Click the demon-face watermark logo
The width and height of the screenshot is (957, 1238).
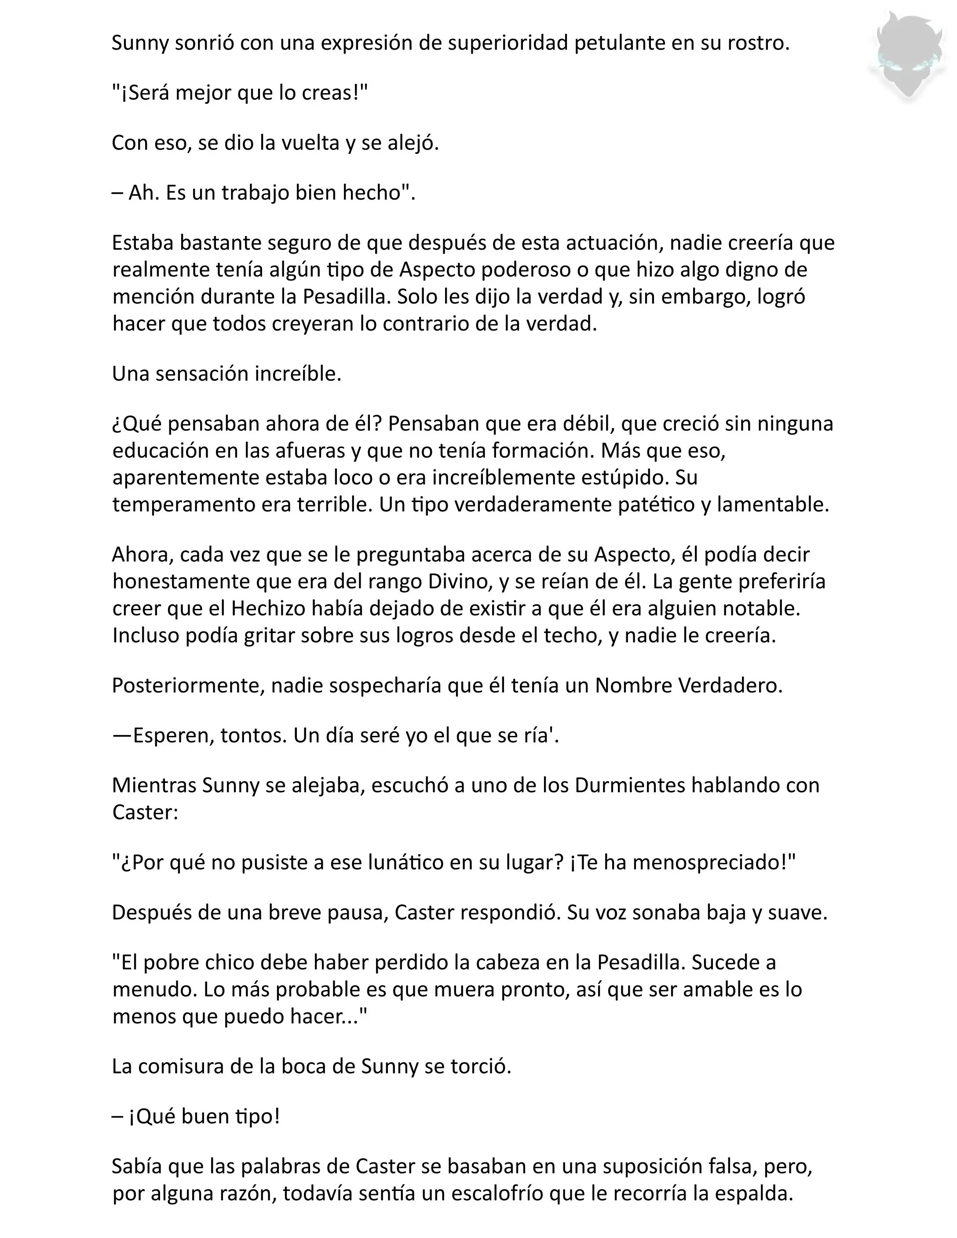[x=908, y=57]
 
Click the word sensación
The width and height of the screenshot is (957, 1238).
[x=201, y=374]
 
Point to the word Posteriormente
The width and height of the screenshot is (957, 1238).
[x=188, y=685]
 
